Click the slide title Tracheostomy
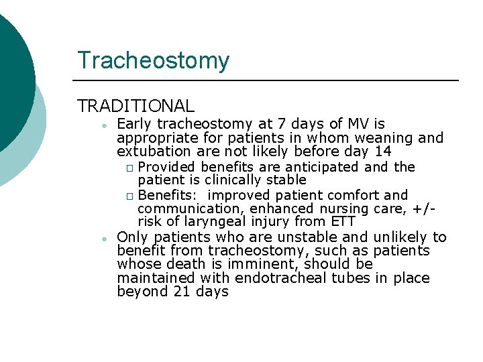point(153,60)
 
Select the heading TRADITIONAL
point(136,106)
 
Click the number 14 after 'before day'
point(383,152)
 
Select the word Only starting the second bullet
point(132,237)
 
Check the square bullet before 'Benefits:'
point(129,196)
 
